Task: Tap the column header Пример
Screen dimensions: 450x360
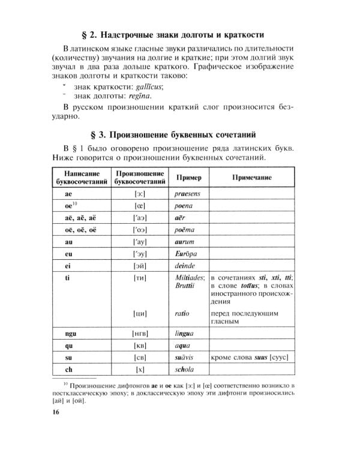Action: (188, 178)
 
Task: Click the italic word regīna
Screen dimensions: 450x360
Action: (139, 96)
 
